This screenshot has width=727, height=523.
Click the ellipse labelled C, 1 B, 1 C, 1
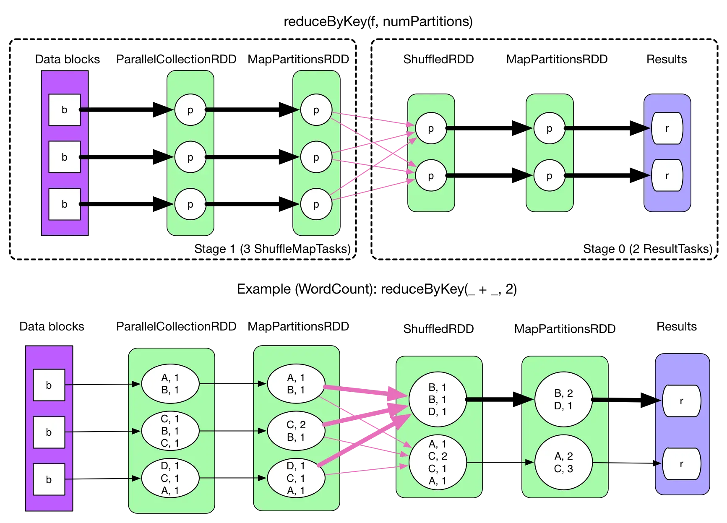pos(170,431)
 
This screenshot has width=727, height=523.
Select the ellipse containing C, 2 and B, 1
pos(296,431)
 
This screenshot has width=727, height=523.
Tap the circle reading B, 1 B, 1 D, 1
pos(437,400)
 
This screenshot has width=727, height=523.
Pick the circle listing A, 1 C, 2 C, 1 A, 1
pos(437,463)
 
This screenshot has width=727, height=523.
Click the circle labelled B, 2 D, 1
pos(563,400)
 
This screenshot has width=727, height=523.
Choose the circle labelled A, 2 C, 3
pos(563,463)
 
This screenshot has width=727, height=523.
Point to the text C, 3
pos(563,469)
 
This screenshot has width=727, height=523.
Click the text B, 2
pos(563,393)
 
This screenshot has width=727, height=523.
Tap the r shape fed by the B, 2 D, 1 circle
pos(681,401)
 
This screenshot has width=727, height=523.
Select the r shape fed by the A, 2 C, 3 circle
pos(681,464)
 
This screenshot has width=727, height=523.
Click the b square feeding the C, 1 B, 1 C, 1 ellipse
pos(49,432)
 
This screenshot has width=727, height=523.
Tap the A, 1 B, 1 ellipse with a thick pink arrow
pos(296,384)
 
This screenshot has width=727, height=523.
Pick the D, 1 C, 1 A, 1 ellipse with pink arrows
pos(296,478)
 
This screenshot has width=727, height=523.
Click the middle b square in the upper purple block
pos(65,157)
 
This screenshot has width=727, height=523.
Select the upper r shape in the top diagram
pos(667,128)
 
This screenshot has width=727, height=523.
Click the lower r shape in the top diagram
pos(667,176)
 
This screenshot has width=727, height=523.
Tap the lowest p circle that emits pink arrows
pos(316,204)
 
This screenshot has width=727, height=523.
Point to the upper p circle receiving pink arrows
pos(431,129)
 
